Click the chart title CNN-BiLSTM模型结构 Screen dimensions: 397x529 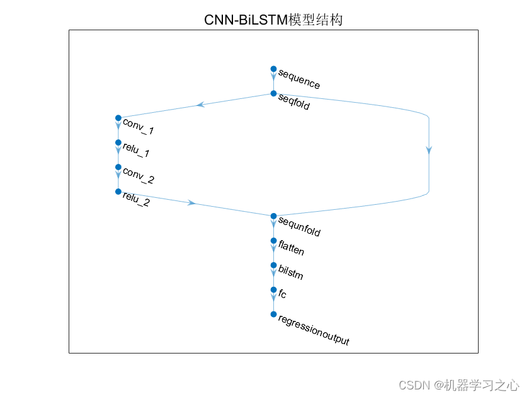273,20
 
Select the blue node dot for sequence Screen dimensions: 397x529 273,69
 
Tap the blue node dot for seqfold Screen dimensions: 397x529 273,93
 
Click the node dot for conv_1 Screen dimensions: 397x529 118,118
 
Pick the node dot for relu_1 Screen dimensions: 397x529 118,142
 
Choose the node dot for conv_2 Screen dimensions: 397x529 118,167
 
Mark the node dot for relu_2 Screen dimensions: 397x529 118,191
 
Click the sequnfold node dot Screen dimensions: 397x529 273,216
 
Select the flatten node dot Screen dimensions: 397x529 273,241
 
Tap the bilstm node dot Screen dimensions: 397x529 273,265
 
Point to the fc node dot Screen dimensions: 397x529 273,290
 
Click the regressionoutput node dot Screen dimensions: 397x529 273,314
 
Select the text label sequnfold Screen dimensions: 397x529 299,228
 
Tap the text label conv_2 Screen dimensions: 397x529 139,176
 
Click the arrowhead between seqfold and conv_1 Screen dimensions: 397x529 200,105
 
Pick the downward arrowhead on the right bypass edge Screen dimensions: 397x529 429,150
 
